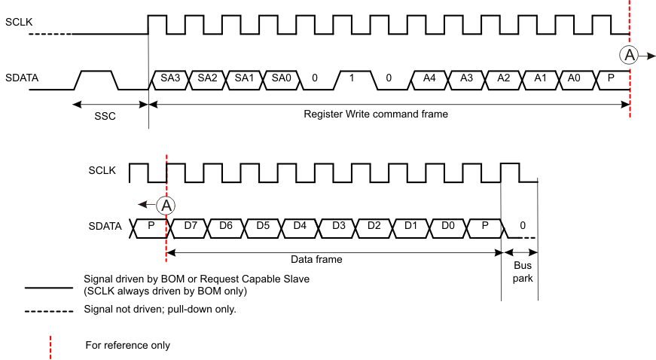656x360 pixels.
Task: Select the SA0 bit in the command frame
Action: (x=279, y=78)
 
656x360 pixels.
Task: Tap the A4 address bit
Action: (x=429, y=78)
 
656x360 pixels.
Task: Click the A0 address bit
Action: (x=577, y=78)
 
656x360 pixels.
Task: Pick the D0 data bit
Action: (x=448, y=225)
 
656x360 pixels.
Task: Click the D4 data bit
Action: (x=299, y=225)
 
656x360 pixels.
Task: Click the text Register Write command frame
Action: (x=376, y=114)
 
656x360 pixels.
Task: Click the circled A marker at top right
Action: (x=627, y=54)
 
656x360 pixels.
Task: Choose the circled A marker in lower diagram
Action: (x=167, y=203)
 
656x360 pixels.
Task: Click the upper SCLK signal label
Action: (x=20, y=23)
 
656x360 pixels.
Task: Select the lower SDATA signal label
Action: (x=105, y=225)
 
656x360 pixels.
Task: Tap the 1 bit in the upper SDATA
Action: (x=352, y=78)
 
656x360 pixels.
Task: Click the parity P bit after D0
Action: (x=484, y=225)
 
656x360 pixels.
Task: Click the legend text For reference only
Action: (x=127, y=345)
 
